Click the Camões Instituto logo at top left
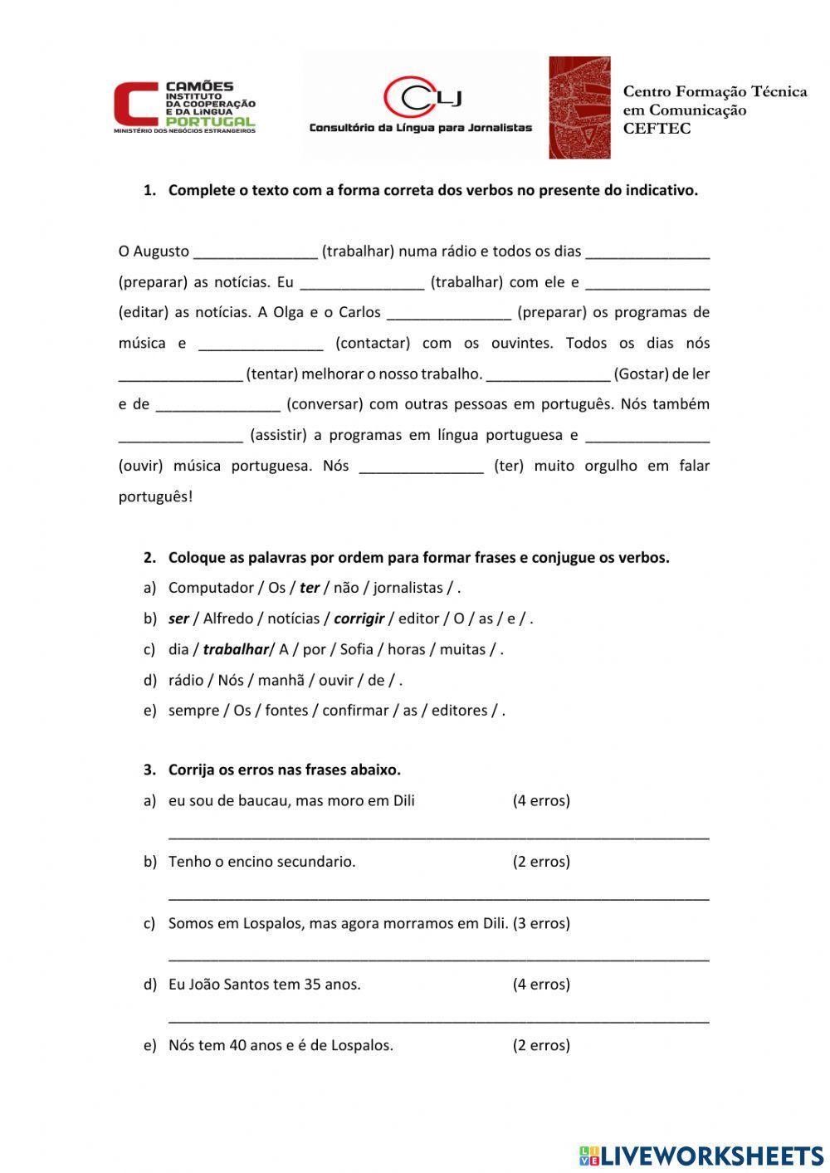coord(184,106)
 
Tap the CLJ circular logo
coord(422,97)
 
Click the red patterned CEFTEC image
coord(579,107)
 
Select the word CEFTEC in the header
coord(657,129)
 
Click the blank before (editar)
coord(647,282)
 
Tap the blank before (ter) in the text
coord(422,466)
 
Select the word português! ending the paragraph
coord(155,496)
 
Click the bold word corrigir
coord(359,618)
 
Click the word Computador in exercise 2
coord(211,588)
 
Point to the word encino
coord(251,862)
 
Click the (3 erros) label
coord(541,923)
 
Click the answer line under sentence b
coord(438,895)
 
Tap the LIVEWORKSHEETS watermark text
coord(711,1155)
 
